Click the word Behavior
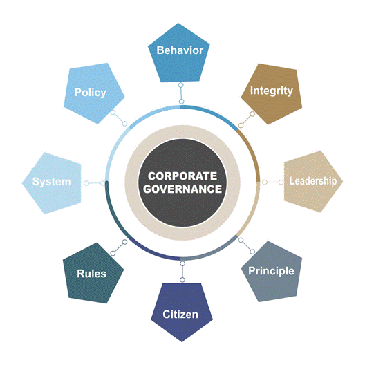[180, 50]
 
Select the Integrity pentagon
[272, 94]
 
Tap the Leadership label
[313, 181]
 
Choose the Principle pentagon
[272, 272]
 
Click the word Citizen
[180, 315]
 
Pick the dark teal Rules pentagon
[93, 273]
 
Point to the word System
[51, 182]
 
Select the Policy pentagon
[94, 93]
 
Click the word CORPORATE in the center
[182, 176]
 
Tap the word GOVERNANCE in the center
[182, 189]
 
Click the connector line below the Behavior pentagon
[181, 93]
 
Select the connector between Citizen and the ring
[182, 272]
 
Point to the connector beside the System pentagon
[94, 183]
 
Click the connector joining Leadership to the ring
[273, 182]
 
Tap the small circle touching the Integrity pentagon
[252, 114]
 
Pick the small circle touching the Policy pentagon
[113, 113]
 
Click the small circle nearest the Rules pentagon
[113, 253]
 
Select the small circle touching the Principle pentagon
[252, 252]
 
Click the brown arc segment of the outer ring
[253, 151]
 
